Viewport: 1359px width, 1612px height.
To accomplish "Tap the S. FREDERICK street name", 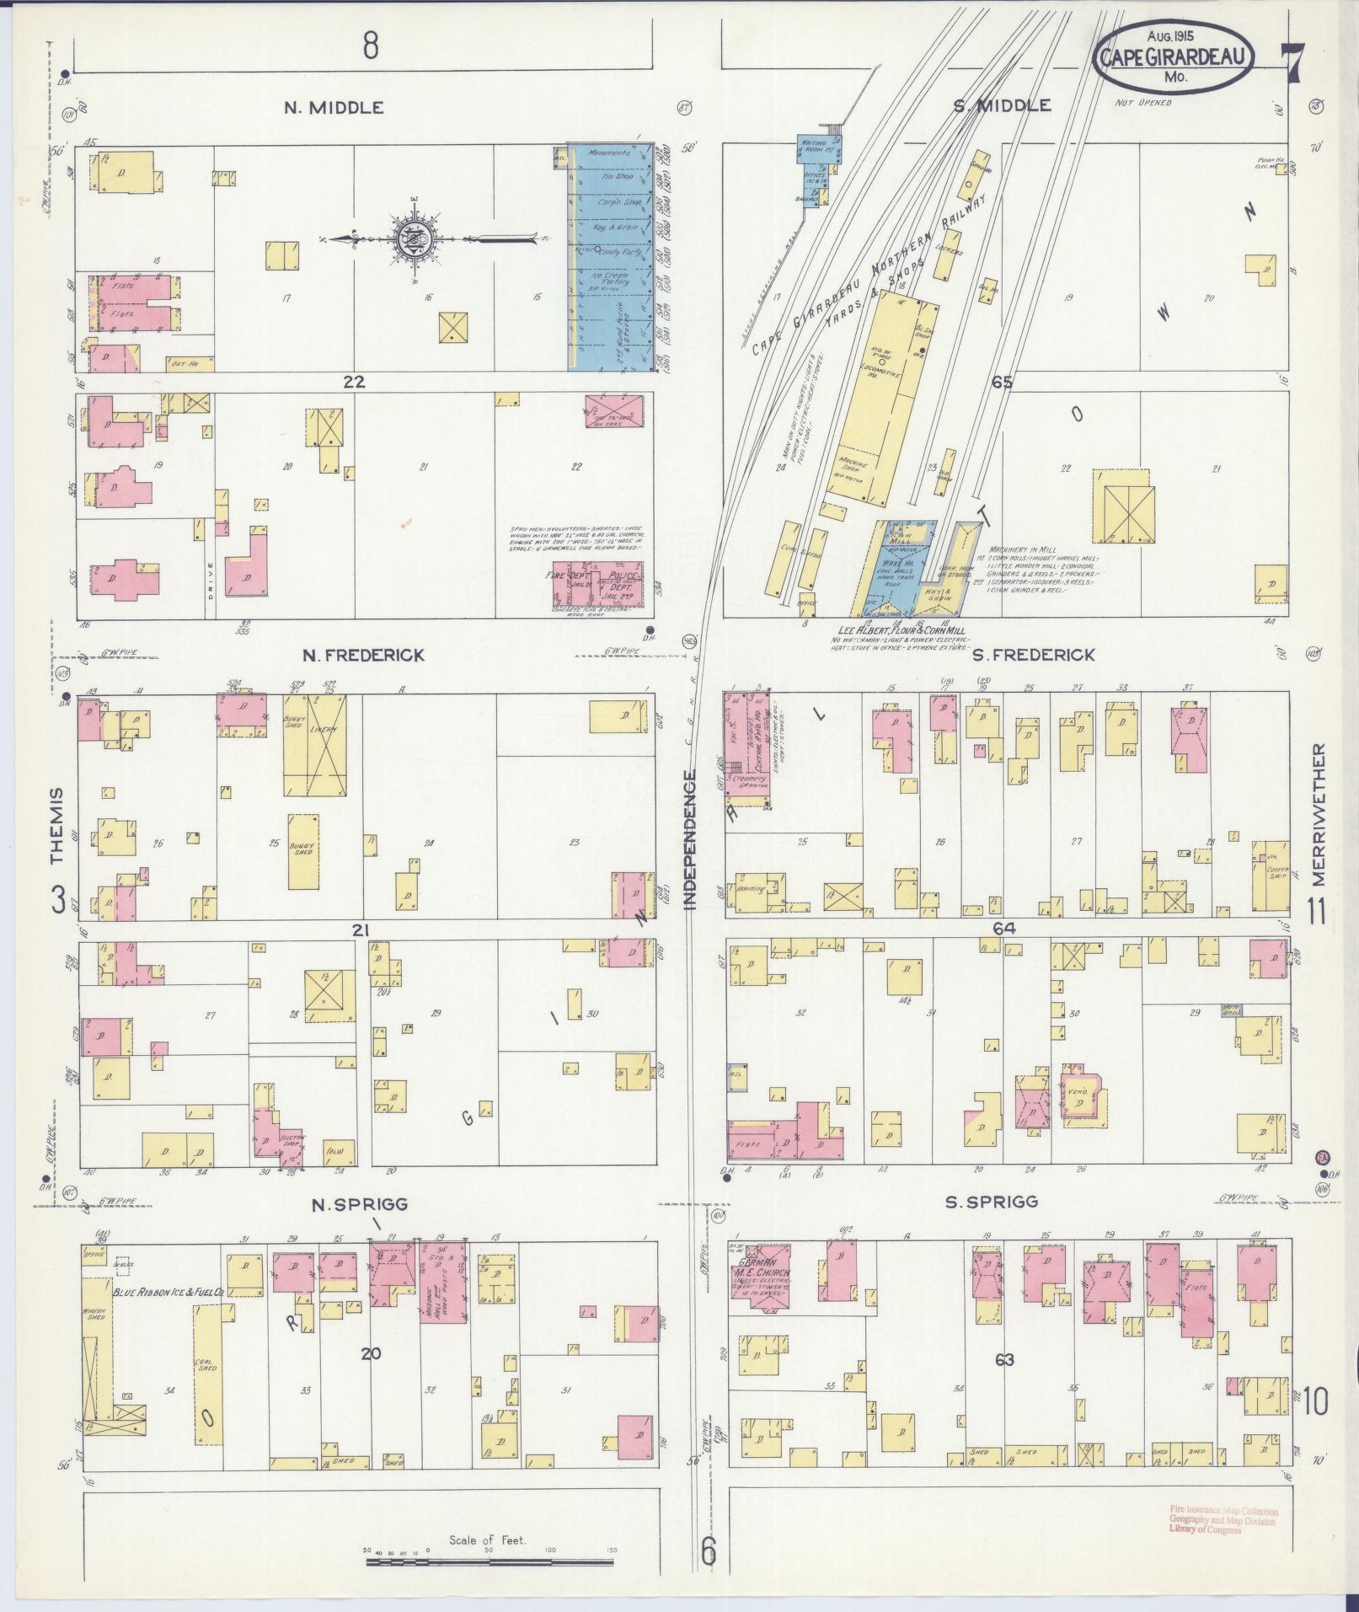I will pos(1033,654).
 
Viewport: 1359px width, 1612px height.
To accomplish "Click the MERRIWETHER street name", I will pos(1319,814).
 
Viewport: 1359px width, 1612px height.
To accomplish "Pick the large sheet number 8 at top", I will pos(371,46).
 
